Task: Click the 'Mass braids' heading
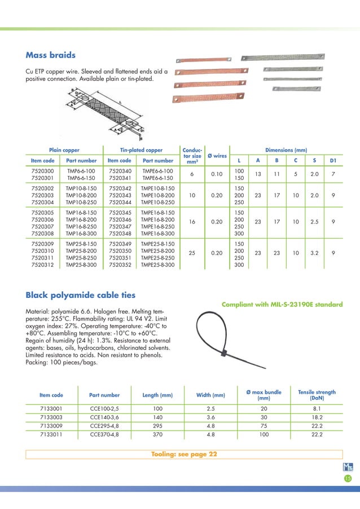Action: pos(51,55)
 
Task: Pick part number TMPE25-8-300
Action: pos(157,265)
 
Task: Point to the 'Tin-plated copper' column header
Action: pos(141,150)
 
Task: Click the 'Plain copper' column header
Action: pos(64,150)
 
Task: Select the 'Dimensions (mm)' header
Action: pos(286,150)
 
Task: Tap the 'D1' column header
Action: pos(333,161)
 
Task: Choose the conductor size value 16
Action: pos(193,222)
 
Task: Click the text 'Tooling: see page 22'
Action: pos(184,454)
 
